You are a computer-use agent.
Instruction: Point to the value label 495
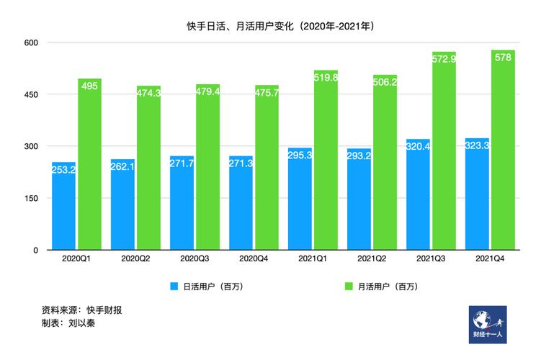click(90, 86)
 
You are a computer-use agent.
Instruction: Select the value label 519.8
click(326, 78)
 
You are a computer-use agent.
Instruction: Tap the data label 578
click(504, 58)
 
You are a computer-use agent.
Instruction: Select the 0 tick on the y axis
click(35, 250)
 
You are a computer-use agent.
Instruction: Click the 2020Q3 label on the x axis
click(195, 258)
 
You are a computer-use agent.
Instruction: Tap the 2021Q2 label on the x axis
click(372, 258)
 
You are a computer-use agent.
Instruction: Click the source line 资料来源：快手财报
click(82, 310)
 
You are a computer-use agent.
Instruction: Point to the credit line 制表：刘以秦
click(69, 323)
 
